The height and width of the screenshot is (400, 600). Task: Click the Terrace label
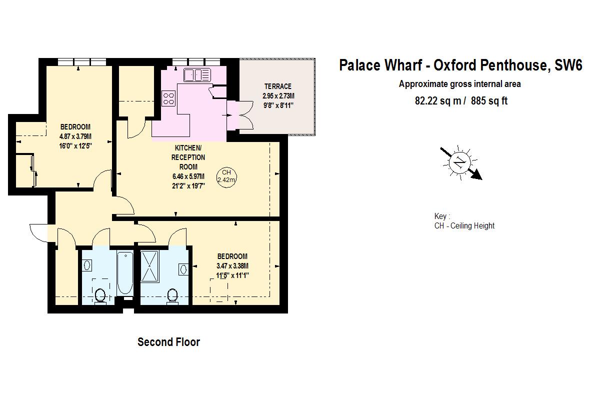tap(277, 86)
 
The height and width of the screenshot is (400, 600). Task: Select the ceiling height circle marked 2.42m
tap(226, 175)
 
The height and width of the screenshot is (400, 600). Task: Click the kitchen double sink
tap(197, 75)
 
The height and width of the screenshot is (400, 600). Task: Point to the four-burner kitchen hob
tap(168, 97)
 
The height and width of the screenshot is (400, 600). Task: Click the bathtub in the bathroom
tap(124, 274)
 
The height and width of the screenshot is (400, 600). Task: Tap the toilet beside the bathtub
tap(100, 295)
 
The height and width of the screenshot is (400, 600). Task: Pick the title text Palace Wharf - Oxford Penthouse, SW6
tap(460, 65)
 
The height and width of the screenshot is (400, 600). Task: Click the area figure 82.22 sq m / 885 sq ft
tap(460, 101)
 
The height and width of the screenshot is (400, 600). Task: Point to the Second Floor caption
tap(168, 342)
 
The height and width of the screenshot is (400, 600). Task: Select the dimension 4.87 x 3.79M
tap(75, 136)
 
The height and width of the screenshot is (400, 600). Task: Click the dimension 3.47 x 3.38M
tap(232, 266)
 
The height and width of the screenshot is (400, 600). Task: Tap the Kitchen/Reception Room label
tap(188, 157)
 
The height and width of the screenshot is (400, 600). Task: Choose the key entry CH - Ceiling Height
tap(464, 226)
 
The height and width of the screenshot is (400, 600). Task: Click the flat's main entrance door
tap(39, 232)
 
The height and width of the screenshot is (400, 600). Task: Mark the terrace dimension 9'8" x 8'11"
tap(277, 105)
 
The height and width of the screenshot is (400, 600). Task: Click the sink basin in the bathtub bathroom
tap(86, 265)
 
